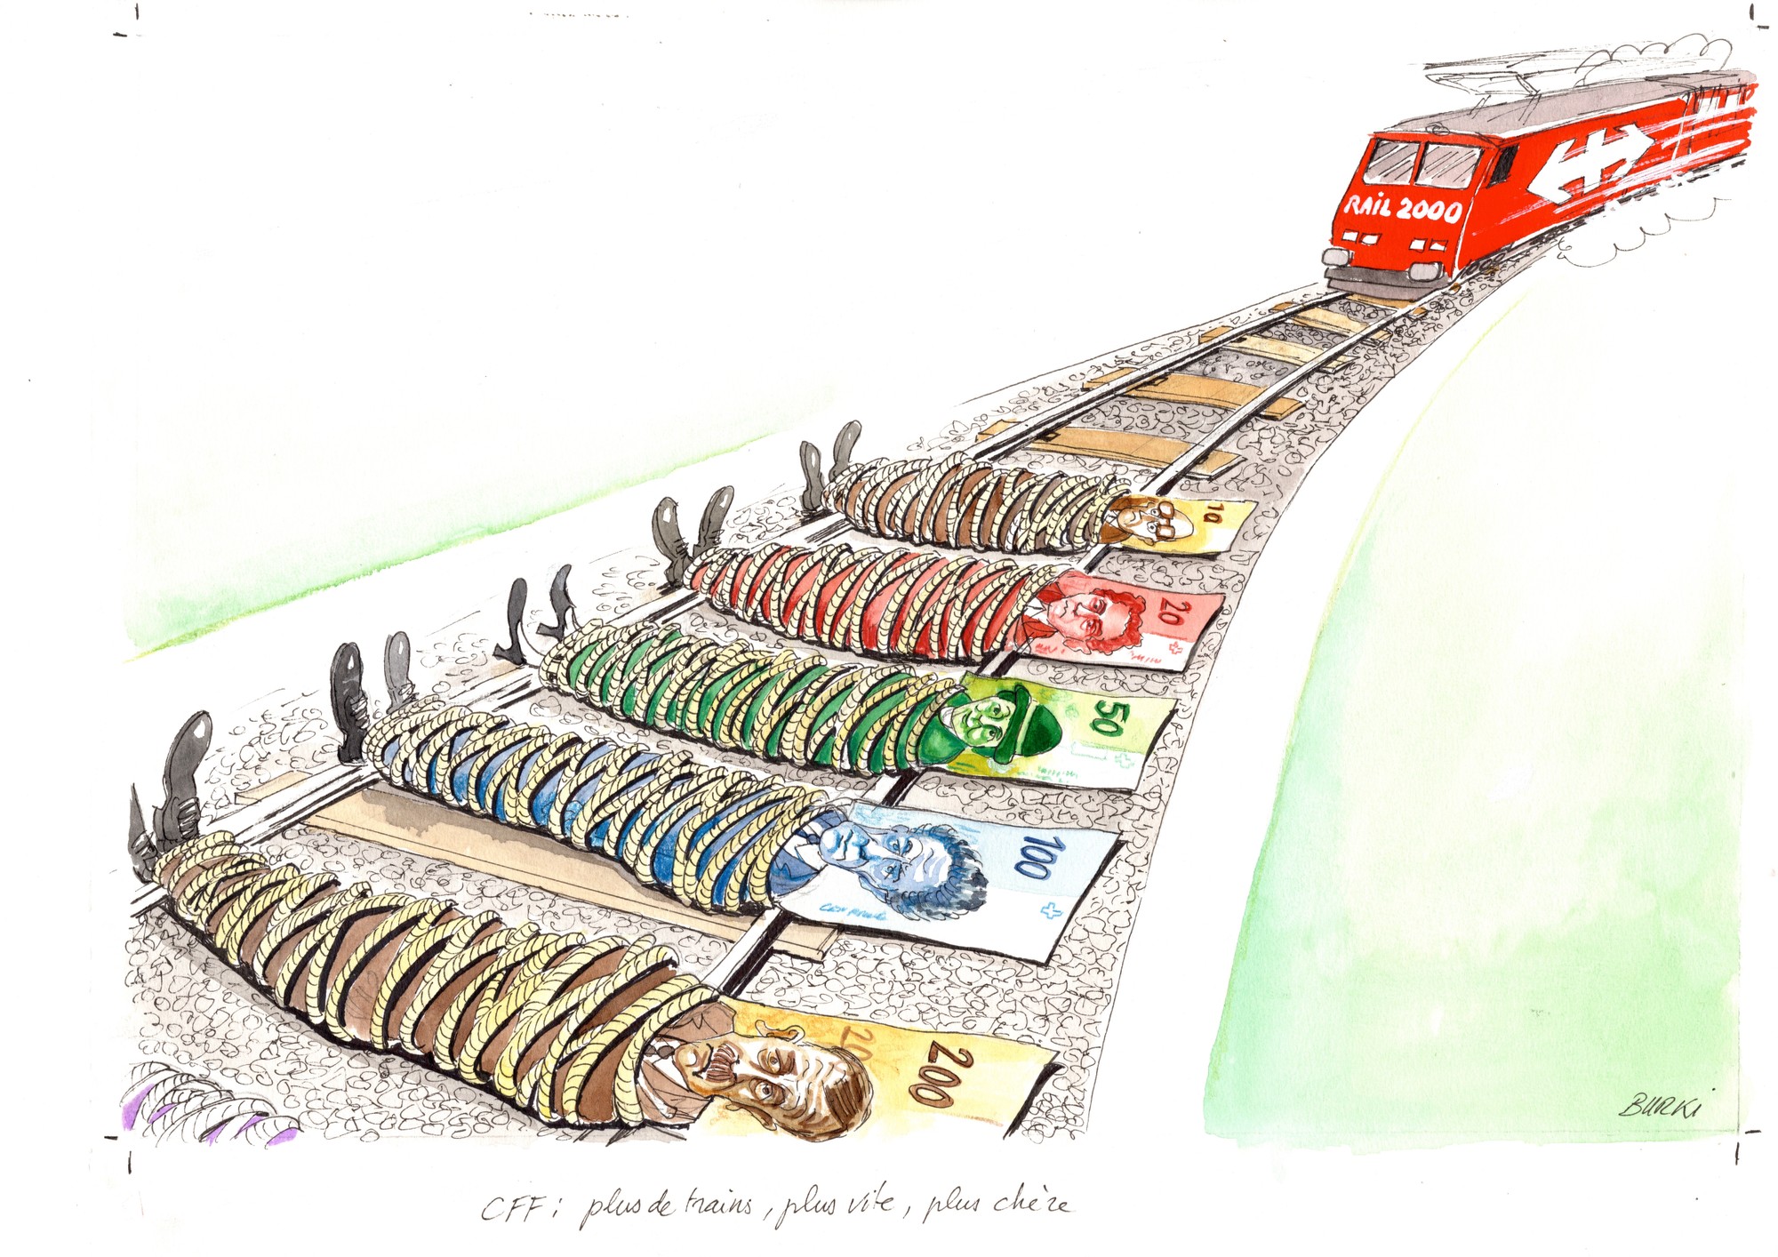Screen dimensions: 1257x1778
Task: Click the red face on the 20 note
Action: click(1089, 613)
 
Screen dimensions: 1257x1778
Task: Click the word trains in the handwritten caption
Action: click(718, 1205)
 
